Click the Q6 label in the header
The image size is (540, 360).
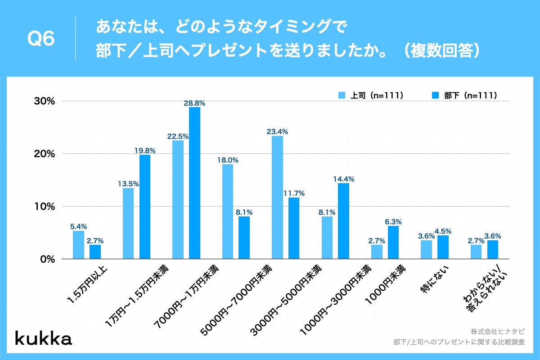41,39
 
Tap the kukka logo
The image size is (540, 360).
44,338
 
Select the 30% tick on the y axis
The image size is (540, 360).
45,101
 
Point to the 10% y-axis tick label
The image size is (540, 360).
45,207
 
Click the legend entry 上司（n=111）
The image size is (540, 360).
371,95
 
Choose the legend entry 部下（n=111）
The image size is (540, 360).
465,95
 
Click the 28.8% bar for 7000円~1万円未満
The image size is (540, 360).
194,183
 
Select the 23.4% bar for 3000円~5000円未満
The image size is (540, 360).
278,197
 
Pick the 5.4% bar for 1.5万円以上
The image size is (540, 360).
78,245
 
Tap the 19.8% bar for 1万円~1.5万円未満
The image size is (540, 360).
145,207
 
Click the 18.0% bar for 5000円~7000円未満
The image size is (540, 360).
228,211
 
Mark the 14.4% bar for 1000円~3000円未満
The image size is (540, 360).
344,221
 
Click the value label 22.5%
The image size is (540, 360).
178,136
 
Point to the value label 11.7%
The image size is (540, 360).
294,193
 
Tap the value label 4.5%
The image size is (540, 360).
443,231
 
